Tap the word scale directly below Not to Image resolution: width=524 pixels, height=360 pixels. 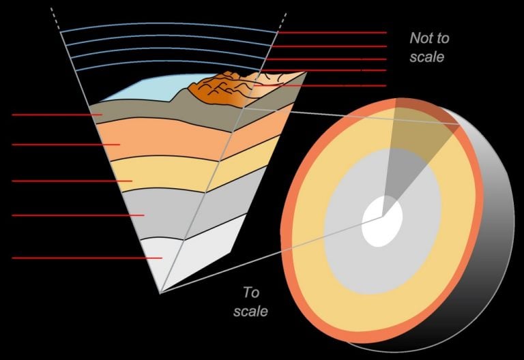pos(427,57)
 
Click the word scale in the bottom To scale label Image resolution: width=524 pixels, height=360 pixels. pos(250,312)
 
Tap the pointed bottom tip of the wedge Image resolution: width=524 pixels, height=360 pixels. pos(160,292)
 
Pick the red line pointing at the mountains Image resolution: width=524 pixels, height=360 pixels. pos(321,86)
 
